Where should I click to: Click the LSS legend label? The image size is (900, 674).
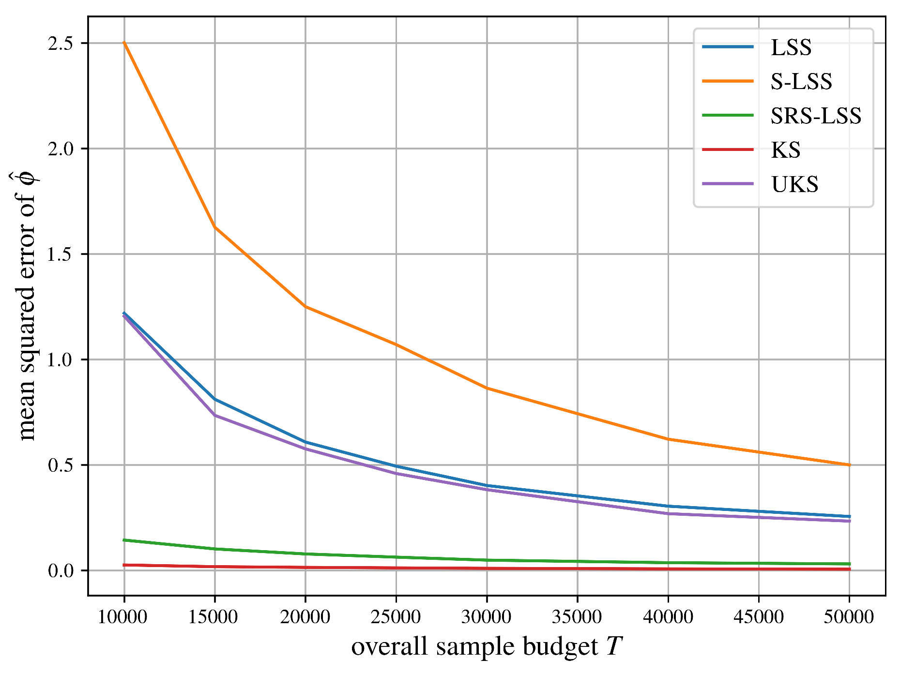coord(791,47)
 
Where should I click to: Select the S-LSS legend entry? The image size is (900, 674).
coord(801,81)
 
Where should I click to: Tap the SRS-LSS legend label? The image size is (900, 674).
coord(816,116)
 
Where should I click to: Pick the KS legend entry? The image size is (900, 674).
coord(785,150)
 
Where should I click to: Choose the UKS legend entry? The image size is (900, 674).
coord(794,184)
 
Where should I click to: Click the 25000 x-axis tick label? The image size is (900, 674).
coord(396,617)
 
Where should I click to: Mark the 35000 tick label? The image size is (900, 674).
coord(577,617)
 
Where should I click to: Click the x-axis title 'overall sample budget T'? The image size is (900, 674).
coord(486,647)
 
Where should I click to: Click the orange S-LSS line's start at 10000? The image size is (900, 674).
coord(124,43)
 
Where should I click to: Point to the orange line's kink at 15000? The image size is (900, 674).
coord(214,227)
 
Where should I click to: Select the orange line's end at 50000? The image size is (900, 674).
coord(849,464)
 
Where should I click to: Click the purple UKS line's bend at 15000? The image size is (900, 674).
coord(214,415)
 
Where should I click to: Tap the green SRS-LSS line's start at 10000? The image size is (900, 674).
coord(124,540)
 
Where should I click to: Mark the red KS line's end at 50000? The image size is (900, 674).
coord(849,569)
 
